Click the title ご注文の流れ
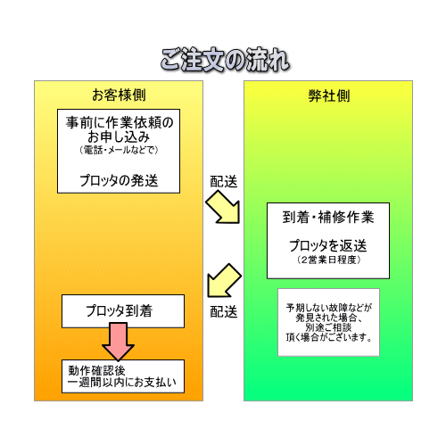click(x=225, y=60)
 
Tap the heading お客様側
click(x=119, y=95)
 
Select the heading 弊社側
click(x=329, y=95)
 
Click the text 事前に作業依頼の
click(x=120, y=122)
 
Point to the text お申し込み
click(x=119, y=136)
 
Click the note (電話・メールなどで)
click(x=119, y=150)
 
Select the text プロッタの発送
click(x=119, y=180)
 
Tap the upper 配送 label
click(x=224, y=181)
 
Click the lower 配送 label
click(x=224, y=311)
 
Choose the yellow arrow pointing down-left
click(x=223, y=280)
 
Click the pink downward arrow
click(x=119, y=342)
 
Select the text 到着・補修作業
click(x=328, y=217)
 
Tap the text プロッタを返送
click(x=328, y=245)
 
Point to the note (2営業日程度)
click(x=328, y=260)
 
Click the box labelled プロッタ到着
click(x=123, y=311)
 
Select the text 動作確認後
click(x=96, y=370)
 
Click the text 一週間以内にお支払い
click(x=122, y=383)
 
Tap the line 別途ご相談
click(x=328, y=327)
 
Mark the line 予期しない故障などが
click(x=328, y=308)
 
